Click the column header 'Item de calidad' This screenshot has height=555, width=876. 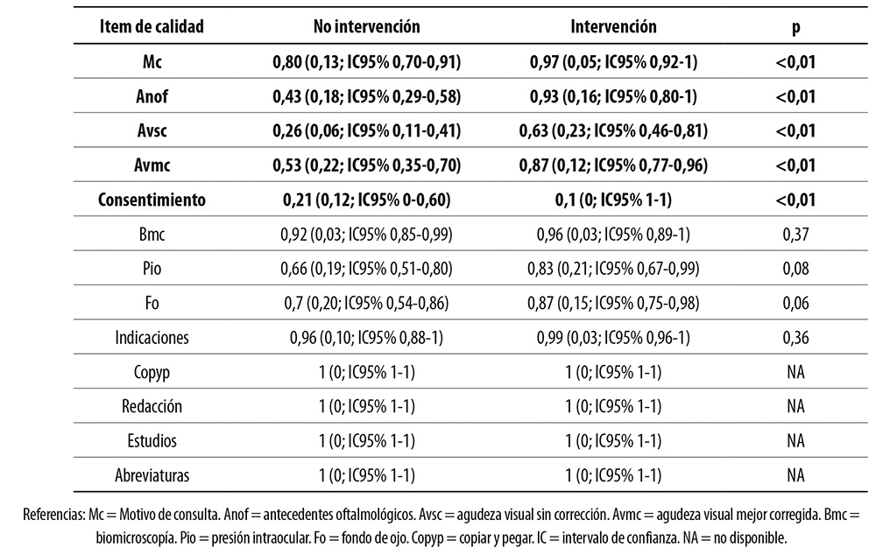pos(152,27)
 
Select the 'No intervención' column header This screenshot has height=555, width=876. pos(366,27)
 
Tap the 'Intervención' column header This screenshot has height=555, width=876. pos(613,27)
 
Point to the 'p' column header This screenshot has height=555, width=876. pos(795,27)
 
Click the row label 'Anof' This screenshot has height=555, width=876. pos(152,96)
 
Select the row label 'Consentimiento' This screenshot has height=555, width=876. pos(152,200)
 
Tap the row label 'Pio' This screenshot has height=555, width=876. pos(152,269)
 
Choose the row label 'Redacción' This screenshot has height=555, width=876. pos(152,407)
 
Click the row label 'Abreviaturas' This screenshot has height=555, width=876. pos(152,476)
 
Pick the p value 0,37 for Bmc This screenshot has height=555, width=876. pos(795,235)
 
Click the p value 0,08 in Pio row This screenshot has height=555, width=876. pos(795,269)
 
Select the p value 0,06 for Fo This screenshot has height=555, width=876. pos(795,304)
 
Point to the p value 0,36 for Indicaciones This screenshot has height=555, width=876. pos(795,338)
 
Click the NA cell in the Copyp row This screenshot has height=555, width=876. pos(795,373)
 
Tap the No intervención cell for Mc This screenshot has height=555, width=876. pos(366,62)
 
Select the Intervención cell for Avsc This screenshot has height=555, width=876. pos(613,131)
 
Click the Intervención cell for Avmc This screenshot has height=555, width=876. pos(613,165)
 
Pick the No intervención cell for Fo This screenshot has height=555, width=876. pos(366,304)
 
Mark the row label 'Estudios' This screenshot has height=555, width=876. pos(152,442)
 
